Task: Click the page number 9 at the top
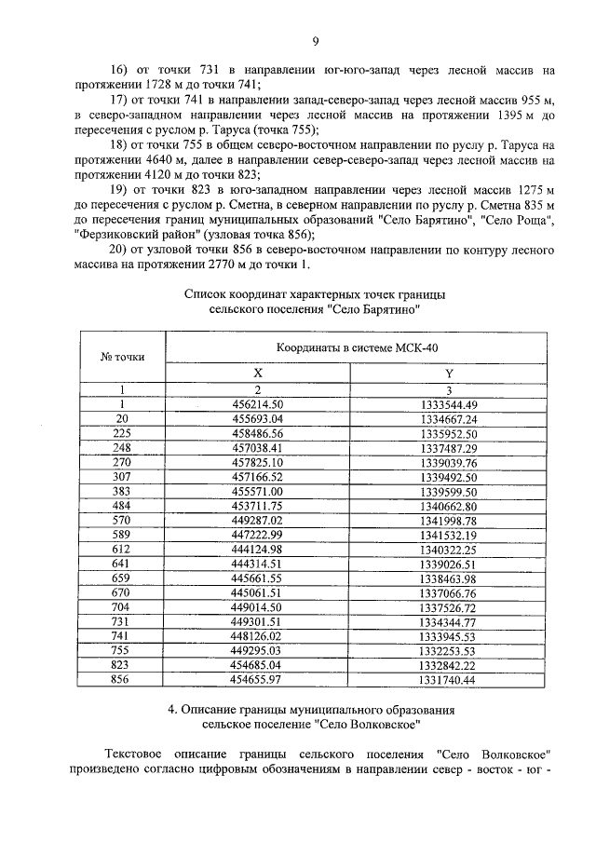point(316,41)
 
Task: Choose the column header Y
point(448,373)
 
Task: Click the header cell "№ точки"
point(120,357)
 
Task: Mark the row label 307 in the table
point(120,476)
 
